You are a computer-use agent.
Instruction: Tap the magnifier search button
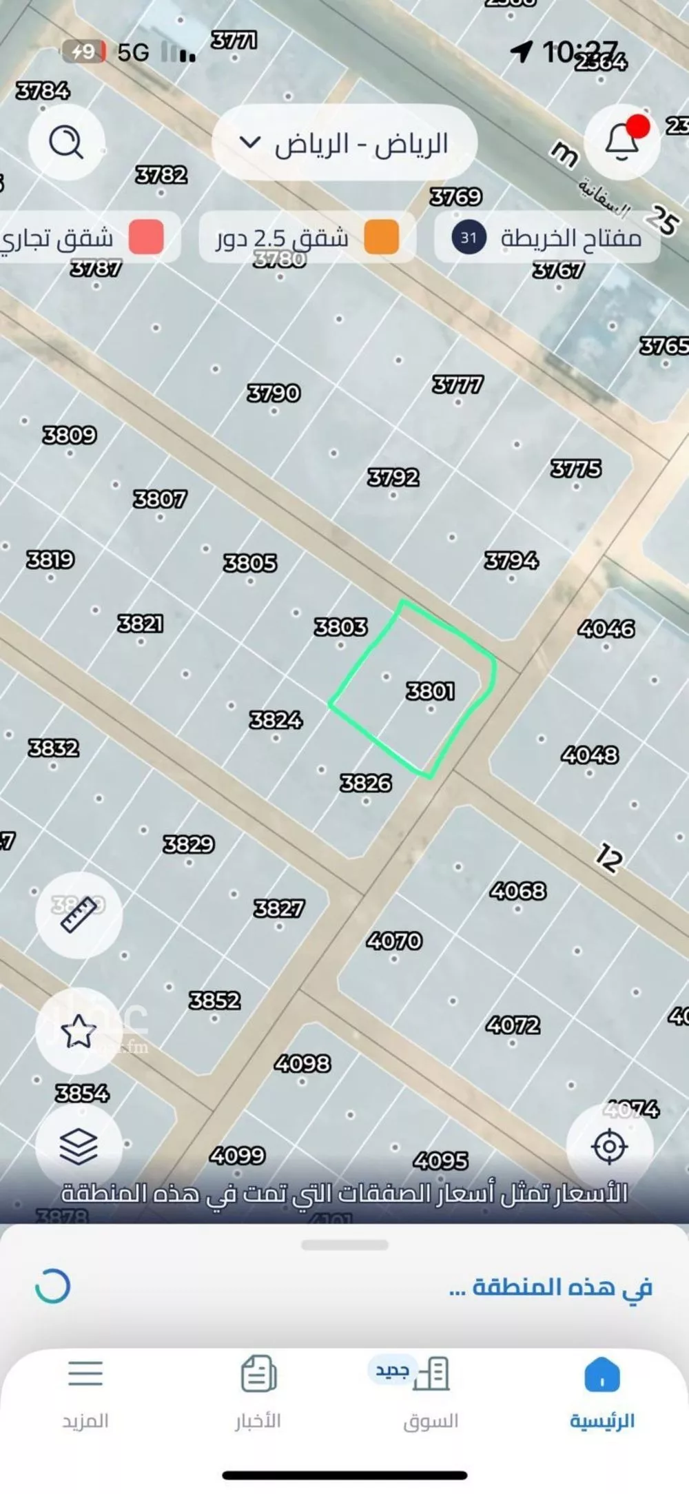pyautogui.click(x=66, y=143)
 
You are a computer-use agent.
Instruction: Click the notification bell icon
pyautogui.click(x=621, y=142)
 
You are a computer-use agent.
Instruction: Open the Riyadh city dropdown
pyautogui.click(x=344, y=143)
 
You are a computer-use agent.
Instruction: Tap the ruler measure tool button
pyautogui.click(x=79, y=914)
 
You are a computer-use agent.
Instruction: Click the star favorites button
pyautogui.click(x=79, y=1030)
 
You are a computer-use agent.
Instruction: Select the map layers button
pyautogui.click(x=79, y=1146)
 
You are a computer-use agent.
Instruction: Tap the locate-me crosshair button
pyautogui.click(x=609, y=1146)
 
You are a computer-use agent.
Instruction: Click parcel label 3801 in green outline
pyautogui.click(x=430, y=690)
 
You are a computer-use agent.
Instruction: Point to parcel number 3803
pyautogui.click(x=341, y=626)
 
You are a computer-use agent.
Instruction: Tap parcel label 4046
pyautogui.click(x=606, y=628)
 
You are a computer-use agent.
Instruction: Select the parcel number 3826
pyautogui.click(x=366, y=783)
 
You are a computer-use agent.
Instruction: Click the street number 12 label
pyautogui.click(x=608, y=858)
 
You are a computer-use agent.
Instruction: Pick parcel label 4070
pyautogui.click(x=394, y=941)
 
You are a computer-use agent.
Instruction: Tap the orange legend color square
pyautogui.click(x=381, y=238)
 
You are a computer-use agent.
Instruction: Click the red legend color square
pyautogui.click(x=146, y=238)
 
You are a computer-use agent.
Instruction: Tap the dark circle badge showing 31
pyautogui.click(x=469, y=238)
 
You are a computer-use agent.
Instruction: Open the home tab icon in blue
pyautogui.click(x=602, y=1375)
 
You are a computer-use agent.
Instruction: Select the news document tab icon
pyautogui.click(x=258, y=1373)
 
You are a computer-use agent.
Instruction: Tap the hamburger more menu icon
pyautogui.click(x=85, y=1373)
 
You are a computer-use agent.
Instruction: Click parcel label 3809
pyautogui.click(x=70, y=435)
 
